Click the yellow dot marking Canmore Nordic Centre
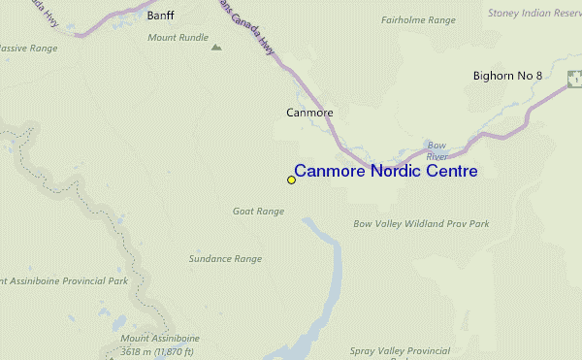pyautogui.click(x=291, y=180)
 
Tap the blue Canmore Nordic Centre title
pyautogui.click(x=385, y=172)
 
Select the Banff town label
pyautogui.click(x=160, y=16)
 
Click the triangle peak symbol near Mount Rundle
pyautogui.click(x=215, y=46)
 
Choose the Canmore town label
pyautogui.click(x=309, y=113)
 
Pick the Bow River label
pyautogui.click(x=437, y=150)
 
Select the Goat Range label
pyautogui.click(x=258, y=211)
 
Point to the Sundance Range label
pyautogui.click(x=226, y=259)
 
